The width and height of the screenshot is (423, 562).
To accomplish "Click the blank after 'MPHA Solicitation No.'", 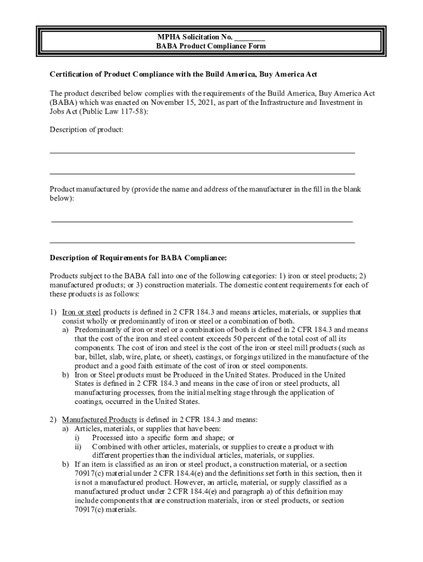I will [x=250, y=37].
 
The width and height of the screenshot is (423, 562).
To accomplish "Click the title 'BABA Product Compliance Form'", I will [x=211, y=46].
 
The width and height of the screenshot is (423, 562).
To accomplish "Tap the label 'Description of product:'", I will [x=87, y=130].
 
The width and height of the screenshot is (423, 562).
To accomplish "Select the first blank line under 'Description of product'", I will [x=202, y=151].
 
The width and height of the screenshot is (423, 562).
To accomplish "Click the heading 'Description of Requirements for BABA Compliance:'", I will [x=138, y=257].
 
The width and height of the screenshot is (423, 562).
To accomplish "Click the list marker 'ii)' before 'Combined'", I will [x=78, y=447].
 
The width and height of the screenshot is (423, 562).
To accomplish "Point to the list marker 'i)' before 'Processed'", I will [x=77, y=438].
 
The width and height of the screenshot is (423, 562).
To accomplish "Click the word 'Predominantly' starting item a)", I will [x=97, y=330].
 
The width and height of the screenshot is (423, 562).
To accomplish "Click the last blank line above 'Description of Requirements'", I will [x=202, y=242].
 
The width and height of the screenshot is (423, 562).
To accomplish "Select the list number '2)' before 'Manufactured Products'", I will [x=53, y=419].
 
